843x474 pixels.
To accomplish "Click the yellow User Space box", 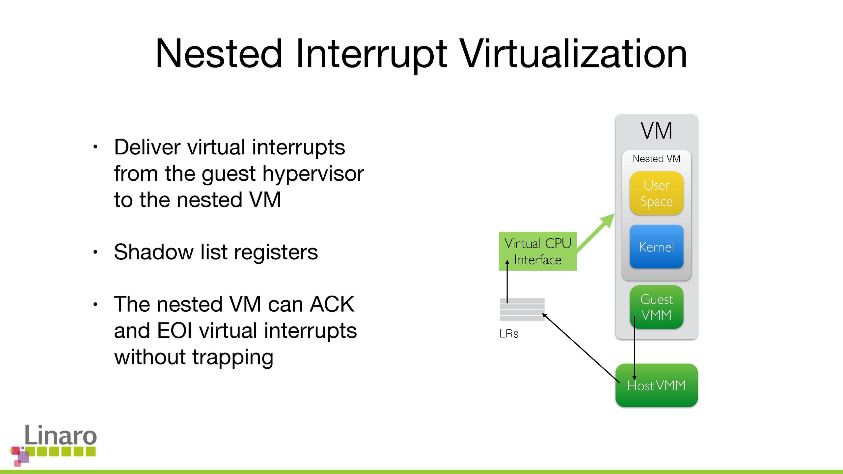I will point(656,193).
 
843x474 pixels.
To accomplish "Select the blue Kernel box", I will point(656,247).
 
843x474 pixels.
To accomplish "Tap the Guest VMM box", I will point(656,307).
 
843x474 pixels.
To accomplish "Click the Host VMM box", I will point(656,385).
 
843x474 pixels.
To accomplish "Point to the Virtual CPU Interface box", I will point(537,251).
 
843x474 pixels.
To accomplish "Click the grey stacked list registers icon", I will point(522,310).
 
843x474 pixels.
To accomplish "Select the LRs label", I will point(509,334).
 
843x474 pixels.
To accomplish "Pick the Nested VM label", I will point(656,159).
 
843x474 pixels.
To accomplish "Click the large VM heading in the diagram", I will point(656,131).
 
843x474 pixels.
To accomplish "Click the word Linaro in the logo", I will point(61,435).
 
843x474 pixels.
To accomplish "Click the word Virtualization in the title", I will point(573,54).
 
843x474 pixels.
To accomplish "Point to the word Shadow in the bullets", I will point(154,252).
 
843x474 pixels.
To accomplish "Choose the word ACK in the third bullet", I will point(332,304).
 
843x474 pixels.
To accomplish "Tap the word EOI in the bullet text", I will point(175,330).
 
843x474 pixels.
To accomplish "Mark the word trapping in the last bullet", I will point(233,357).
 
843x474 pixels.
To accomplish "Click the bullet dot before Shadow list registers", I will point(95,252).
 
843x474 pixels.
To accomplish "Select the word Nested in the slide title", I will point(219,54).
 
